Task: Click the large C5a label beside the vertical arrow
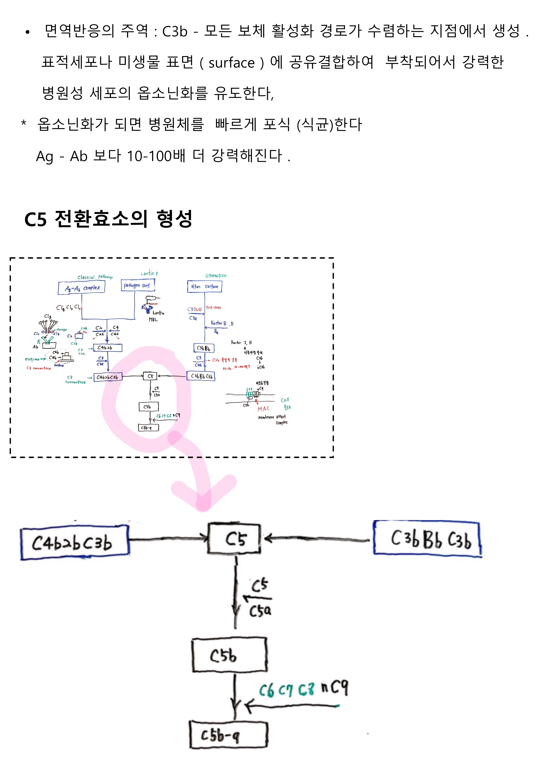[261, 611]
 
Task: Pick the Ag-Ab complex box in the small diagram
[82, 288]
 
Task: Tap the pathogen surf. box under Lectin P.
[138, 285]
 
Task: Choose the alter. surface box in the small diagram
[204, 286]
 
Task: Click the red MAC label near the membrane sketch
[264, 409]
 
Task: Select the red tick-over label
[213, 307]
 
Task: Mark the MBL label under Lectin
[153, 320]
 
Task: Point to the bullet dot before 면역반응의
[28, 32]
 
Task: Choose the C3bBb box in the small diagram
[204, 348]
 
